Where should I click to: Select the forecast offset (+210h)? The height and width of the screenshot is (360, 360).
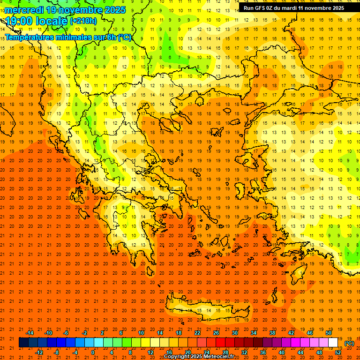(x=83, y=21)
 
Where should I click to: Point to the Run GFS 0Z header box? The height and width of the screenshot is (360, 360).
(x=294, y=8)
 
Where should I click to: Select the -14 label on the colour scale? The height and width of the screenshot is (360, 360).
(x=30, y=333)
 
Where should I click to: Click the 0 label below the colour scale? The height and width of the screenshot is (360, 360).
(x=93, y=352)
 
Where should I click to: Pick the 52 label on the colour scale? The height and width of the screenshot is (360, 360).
(x=338, y=352)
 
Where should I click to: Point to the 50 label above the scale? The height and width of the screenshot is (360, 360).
(x=328, y=333)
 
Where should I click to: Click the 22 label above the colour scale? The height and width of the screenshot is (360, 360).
(x=197, y=333)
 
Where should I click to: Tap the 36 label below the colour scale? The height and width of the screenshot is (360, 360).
(x=263, y=352)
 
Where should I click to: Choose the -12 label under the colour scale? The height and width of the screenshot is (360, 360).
(x=39, y=352)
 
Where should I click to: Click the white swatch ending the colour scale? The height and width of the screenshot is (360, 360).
(x=333, y=343)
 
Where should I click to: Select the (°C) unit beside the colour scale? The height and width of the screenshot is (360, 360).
(x=349, y=343)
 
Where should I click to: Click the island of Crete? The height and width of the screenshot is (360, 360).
(x=206, y=311)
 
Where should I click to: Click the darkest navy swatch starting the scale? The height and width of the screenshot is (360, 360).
(x=23, y=343)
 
